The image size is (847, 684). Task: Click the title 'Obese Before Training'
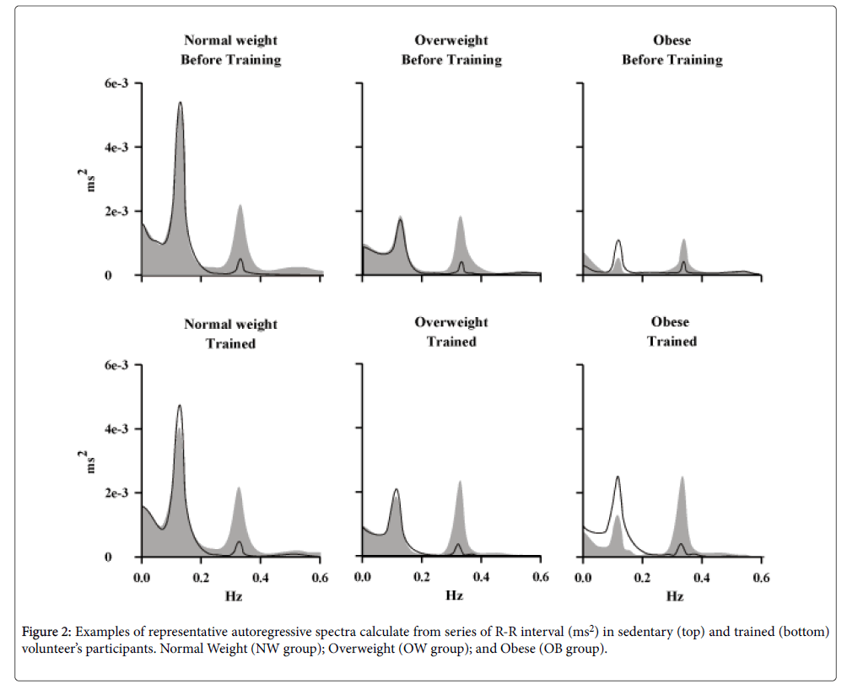[x=672, y=50]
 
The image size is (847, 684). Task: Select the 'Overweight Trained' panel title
[x=450, y=331]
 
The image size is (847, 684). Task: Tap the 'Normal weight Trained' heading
[x=230, y=334]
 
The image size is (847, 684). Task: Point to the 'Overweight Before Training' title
[x=450, y=50]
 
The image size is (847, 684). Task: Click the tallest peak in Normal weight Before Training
[x=180, y=104]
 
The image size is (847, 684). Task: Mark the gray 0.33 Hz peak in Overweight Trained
[x=460, y=482]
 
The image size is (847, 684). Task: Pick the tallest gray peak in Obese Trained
[x=682, y=478]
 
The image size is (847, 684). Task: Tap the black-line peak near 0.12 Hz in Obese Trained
[x=618, y=477]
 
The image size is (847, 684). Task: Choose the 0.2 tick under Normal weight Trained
[x=201, y=578]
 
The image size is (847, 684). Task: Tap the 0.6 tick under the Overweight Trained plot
[x=540, y=578]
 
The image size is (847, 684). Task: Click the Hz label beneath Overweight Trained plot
[x=453, y=596]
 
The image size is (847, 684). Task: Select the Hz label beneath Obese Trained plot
[x=673, y=596]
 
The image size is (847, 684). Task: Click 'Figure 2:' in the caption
[x=46, y=632]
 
